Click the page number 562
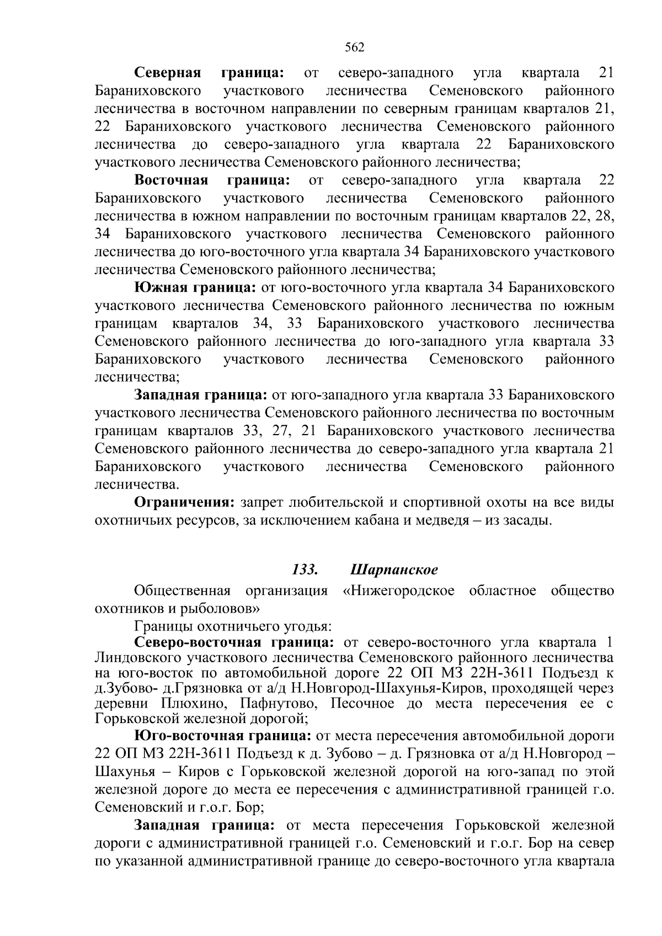tap(354, 47)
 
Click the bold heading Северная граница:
tap(210, 73)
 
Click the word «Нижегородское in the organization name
tap(398, 591)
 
